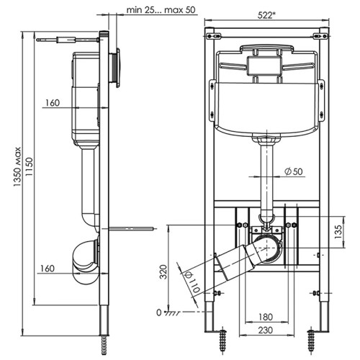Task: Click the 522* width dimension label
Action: point(266,15)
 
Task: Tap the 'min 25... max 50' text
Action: point(161,10)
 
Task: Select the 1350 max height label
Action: point(17,166)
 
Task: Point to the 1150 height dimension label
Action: point(29,166)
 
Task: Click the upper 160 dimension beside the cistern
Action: point(53,103)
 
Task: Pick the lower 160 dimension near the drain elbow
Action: point(48,269)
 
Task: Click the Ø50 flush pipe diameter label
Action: point(294,171)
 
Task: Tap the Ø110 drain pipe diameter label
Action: point(193,282)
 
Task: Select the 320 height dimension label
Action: point(163,271)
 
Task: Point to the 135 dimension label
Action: point(338,231)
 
